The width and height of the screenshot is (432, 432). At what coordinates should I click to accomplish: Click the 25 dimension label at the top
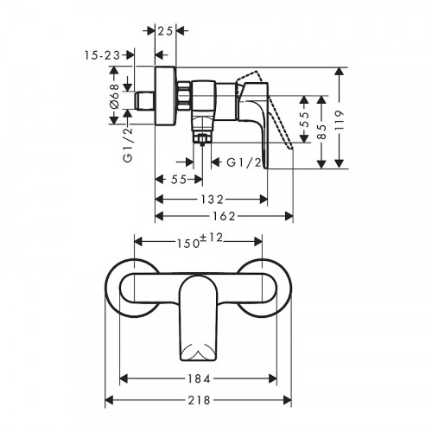165,31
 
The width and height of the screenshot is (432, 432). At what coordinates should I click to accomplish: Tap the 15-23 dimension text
102,55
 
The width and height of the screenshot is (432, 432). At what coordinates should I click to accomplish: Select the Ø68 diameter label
114,96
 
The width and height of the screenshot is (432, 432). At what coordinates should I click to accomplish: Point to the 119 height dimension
340,121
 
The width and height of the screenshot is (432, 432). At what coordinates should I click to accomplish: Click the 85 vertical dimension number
322,132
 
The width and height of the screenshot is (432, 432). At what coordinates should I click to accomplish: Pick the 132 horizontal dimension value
213,200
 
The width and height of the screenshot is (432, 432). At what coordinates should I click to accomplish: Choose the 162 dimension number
224,216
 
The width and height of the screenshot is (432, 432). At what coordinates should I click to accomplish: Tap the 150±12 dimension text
200,241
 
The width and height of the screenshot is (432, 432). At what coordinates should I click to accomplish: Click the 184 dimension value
198,378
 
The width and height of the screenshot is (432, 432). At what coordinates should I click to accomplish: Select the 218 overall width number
200,400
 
